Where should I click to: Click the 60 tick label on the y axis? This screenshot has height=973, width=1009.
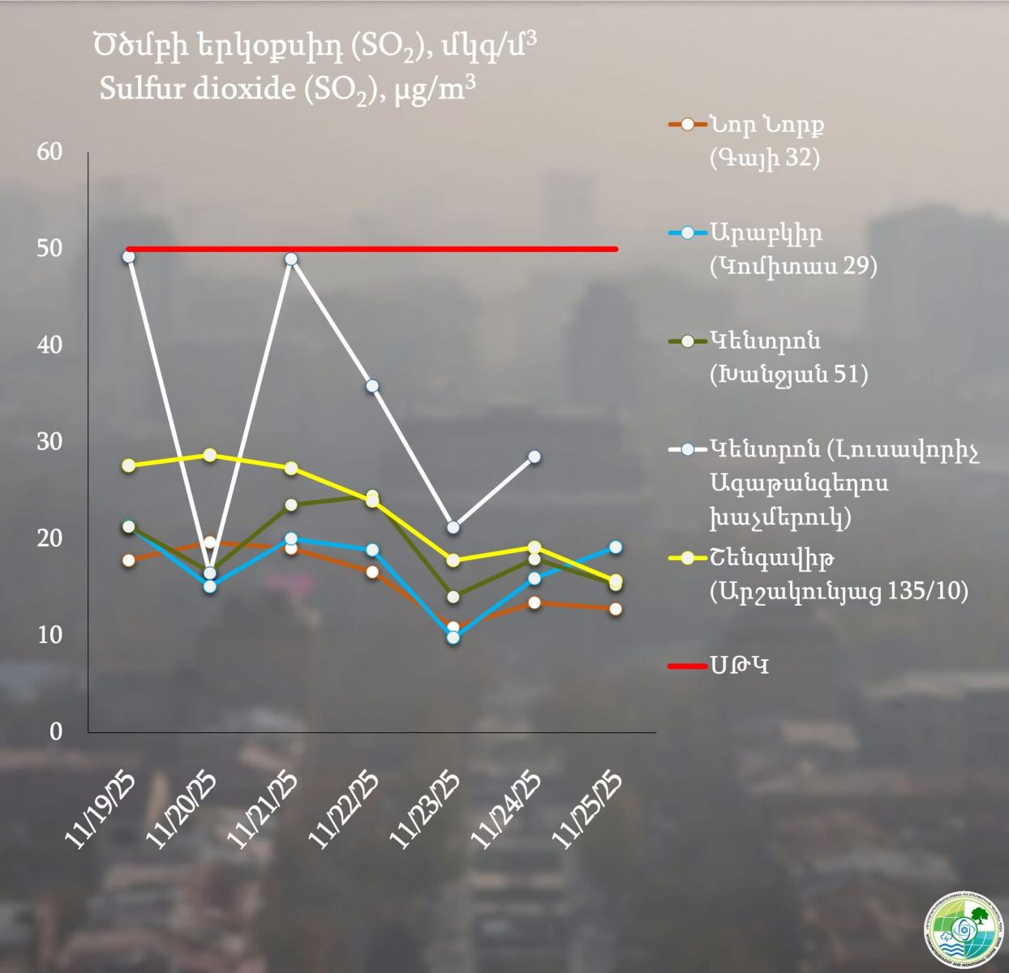(50, 152)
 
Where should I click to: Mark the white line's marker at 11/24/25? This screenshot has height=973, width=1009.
(534, 456)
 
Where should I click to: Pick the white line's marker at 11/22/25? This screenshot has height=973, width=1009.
(372, 386)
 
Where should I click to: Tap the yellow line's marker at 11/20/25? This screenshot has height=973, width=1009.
(209, 455)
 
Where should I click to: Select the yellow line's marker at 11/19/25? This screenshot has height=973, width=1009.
(128, 465)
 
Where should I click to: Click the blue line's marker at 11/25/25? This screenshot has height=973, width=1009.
(616, 547)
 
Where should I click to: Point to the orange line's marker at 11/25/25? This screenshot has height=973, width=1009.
(616, 609)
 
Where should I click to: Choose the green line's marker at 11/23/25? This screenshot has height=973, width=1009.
(453, 598)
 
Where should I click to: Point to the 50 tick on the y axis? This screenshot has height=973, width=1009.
(50, 248)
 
